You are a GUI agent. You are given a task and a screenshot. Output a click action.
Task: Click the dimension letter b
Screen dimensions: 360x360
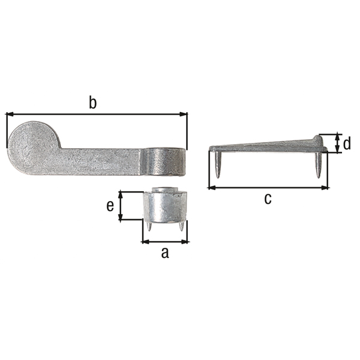[x=92, y=103]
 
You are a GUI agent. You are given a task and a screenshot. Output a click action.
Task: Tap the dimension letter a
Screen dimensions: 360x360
[x=165, y=253]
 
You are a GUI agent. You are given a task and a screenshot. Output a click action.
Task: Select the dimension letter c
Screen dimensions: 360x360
[x=268, y=199]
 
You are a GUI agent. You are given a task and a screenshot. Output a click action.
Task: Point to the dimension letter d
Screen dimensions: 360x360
[x=347, y=143]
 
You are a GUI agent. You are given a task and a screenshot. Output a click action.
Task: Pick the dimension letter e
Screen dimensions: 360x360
[x=110, y=206]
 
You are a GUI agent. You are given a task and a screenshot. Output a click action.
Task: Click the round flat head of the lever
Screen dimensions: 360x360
[x=34, y=146]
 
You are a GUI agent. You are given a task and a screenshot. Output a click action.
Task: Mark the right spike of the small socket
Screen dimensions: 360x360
[x=181, y=226]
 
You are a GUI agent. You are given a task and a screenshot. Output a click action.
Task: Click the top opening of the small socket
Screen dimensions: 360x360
[x=168, y=191]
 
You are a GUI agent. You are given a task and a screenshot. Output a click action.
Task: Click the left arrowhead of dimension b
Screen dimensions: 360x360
[x=10, y=113]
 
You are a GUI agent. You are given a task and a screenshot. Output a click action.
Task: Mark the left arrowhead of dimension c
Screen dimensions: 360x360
[x=212, y=187]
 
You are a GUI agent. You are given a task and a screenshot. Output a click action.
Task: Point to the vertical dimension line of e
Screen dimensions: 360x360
[x=121, y=206]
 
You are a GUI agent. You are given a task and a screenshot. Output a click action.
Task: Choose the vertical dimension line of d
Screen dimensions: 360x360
[x=338, y=143]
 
